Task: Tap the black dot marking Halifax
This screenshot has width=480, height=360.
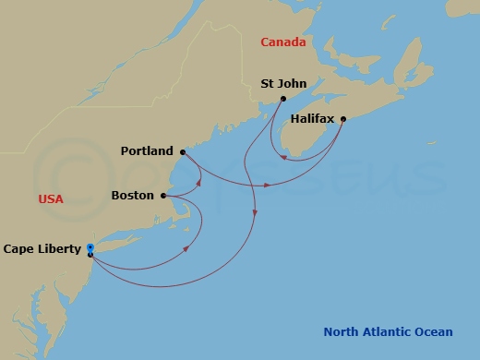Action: click(x=343, y=118)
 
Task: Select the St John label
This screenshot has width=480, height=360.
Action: click(x=278, y=82)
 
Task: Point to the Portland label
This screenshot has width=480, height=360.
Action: click(x=147, y=150)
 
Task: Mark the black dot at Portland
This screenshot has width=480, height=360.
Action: click(x=183, y=151)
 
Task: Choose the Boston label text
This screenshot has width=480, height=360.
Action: click(x=133, y=196)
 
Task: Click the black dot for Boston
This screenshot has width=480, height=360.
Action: click(x=163, y=196)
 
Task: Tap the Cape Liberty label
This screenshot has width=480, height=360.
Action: click(x=42, y=248)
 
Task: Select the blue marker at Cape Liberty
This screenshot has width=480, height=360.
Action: click(x=90, y=248)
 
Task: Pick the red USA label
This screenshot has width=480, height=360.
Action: click(x=51, y=198)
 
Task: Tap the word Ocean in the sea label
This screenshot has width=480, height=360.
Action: click(x=433, y=332)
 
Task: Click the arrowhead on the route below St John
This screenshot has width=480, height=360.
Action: click(x=254, y=216)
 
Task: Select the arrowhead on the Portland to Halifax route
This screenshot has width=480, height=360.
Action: click(x=268, y=185)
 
